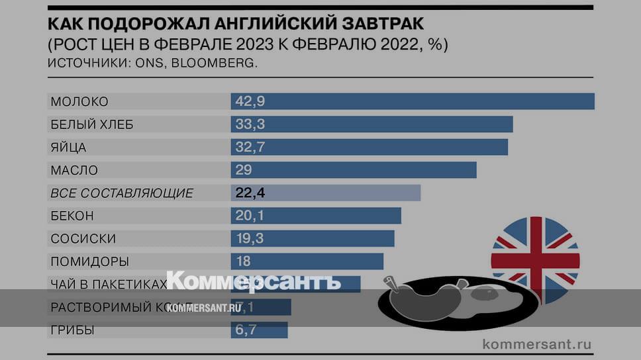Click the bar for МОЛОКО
412,101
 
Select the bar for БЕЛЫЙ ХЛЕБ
371,124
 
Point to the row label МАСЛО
74,170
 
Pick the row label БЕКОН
72,216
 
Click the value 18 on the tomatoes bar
244,261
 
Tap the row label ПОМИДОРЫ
89,261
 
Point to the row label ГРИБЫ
72,330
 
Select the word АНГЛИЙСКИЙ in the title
258,24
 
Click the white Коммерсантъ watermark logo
253,281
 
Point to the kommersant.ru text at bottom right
536,344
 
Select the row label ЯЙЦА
68,148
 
